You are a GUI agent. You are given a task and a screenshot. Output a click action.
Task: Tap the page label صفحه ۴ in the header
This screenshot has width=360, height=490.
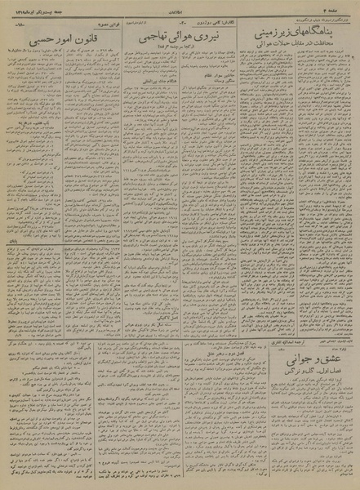pos(342,9)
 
